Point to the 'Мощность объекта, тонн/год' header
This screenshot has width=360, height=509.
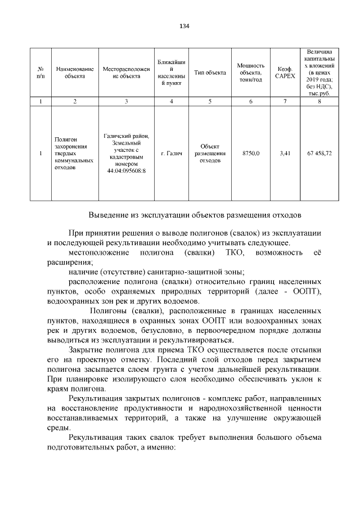coord(250,73)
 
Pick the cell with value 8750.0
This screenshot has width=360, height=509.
coord(250,153)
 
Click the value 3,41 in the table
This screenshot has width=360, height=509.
coord(285,153)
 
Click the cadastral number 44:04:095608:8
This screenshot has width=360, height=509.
coord(126,171)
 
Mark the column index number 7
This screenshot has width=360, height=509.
coord(285,101)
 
